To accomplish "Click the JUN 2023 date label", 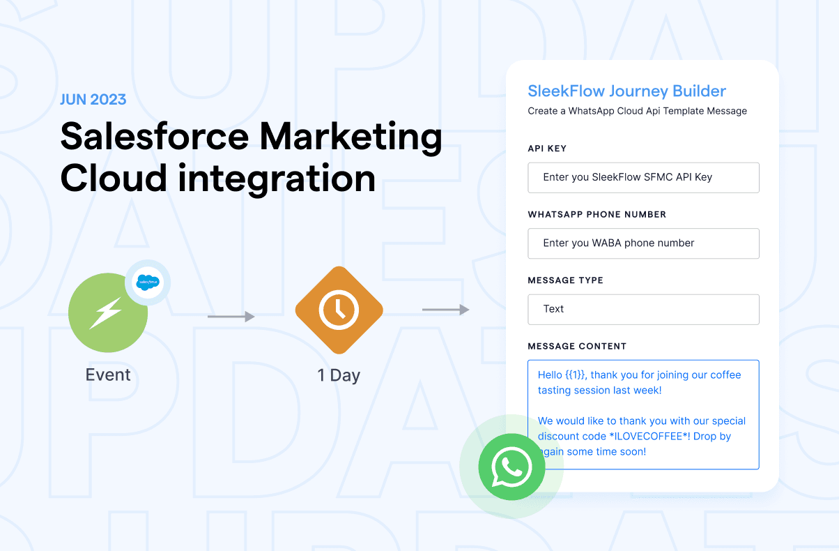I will click(x=93, y=99).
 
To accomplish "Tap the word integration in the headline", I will click(x=277, y=179).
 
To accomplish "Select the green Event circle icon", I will click(x=108, y=313).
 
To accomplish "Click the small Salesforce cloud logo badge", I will click(x=148, y=282).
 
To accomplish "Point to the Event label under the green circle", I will click(x=108, y=375).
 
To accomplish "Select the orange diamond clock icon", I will click(x=339, y=310).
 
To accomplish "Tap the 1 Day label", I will click(x=339, y=375).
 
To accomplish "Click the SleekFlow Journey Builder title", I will click(x=626, y=91).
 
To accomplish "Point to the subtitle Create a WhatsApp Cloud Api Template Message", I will click(x=637, y=111).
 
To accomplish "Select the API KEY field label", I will click(x=547, y=149).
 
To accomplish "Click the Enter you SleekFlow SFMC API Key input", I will click(x=643, y=177).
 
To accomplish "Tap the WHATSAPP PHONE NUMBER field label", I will click(x=596, y=214).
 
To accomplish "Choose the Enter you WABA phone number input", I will click(x=643, y=243).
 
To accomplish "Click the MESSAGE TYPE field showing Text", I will click(x=643, y=309).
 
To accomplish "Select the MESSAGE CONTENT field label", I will click(x=577, y=346).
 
